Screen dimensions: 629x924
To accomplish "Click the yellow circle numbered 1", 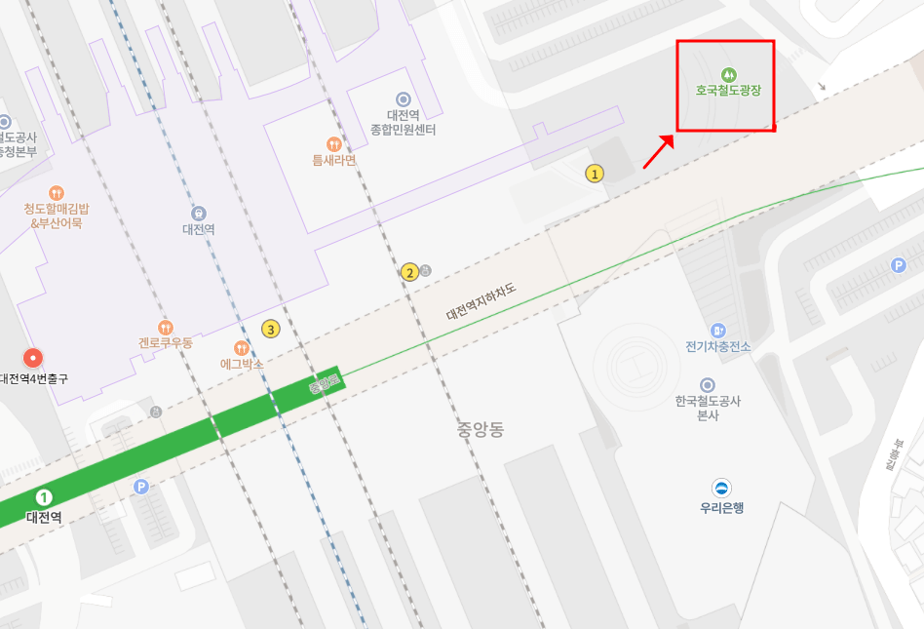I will (x=595, y=174).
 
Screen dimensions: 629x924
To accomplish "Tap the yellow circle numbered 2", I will (x=410, y=272).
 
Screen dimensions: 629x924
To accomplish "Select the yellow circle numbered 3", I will (x=271, y=329).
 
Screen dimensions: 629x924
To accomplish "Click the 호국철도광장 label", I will (x=727, y=92).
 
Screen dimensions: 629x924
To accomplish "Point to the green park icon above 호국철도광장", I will (x=728, y=74).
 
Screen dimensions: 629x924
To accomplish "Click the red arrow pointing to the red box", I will (x=658, y=152).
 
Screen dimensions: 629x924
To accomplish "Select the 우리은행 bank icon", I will (x=722, y=489).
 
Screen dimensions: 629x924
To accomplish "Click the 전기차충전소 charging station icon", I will (x=718, y=331).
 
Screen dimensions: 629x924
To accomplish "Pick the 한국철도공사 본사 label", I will (x=709, y=408).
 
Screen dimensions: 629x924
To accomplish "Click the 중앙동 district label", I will (x=480, y=429).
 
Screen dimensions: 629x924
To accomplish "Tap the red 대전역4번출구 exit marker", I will (x=34, y=358).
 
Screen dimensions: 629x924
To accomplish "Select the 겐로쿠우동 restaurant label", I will (x=166, y=343).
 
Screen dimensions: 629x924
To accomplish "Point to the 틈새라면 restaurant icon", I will (x=334, y=144).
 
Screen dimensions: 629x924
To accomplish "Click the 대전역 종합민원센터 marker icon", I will (x=404, y=98).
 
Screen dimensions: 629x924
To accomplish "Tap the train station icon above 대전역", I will (x=199, y=213).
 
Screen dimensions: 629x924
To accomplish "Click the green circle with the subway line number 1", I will (x=44, y=498).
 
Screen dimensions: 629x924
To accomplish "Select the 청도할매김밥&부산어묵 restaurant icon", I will (x=56, y=193).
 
